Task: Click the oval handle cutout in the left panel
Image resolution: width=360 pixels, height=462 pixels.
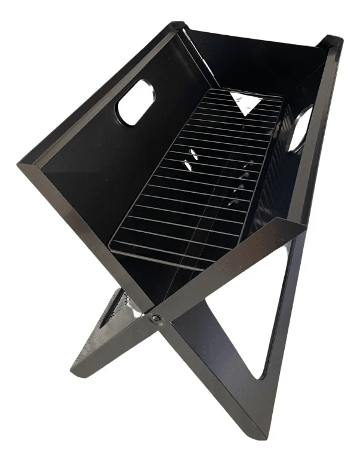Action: [136, 103]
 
